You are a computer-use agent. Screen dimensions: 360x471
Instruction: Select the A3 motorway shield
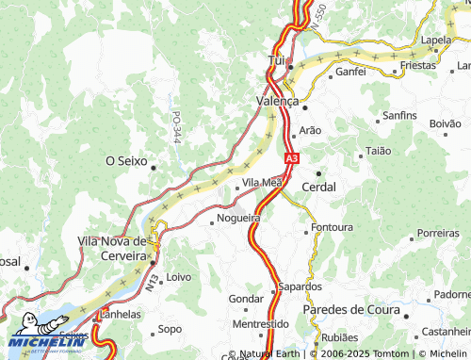(291, 159)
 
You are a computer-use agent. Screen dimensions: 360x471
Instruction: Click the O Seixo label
(125, 161)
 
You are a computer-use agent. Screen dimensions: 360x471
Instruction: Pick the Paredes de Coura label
(351, 310)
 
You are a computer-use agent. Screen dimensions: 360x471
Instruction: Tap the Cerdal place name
(318, 187)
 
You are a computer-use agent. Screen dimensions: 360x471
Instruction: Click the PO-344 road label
(176, 128)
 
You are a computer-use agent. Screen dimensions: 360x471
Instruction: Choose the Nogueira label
(237, 218)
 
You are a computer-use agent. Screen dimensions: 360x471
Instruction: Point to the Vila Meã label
(262, 182)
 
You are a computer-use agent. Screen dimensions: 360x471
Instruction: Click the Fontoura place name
(332, 228)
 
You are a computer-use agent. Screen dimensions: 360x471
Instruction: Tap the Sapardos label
(300, 286)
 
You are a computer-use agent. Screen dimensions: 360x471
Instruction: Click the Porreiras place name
(438, 232)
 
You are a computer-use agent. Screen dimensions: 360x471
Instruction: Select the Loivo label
(178, 278)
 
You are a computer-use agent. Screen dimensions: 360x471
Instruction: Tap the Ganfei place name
(350, 71)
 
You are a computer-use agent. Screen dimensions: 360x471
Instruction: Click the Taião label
(377, 151)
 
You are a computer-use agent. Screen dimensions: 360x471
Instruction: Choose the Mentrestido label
(260, 323)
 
